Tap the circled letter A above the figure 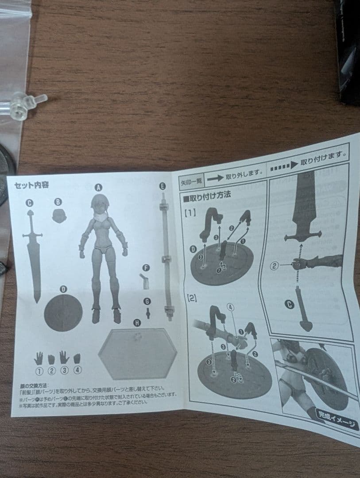98,187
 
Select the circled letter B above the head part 58,202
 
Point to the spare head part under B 59,216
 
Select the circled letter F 146,268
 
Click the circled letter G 147,301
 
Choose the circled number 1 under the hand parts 39,370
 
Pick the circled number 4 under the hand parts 78,370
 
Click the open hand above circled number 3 64,357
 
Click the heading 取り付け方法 206,195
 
